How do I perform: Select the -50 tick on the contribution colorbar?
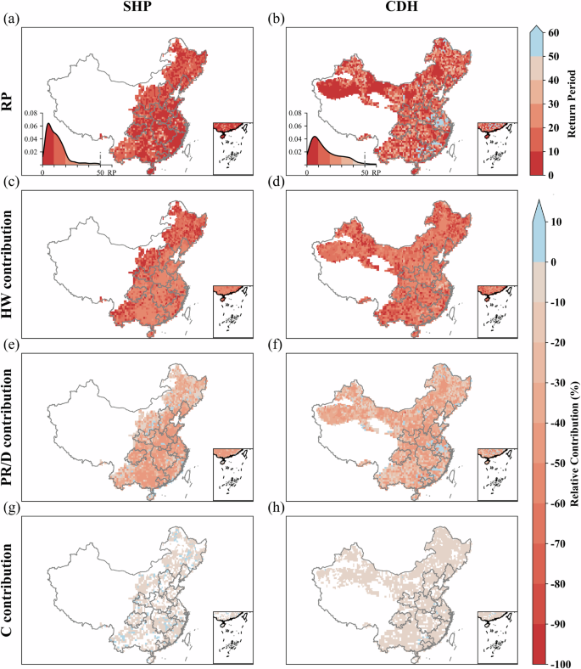[x=561, y=464]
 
